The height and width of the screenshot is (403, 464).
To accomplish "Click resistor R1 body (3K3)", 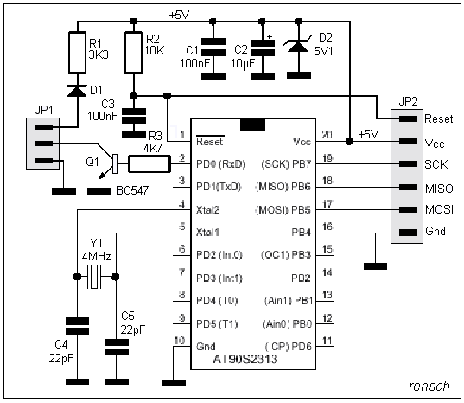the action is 77,53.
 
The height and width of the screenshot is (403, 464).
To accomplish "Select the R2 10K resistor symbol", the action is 133,53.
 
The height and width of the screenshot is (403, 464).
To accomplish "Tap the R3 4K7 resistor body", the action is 149,163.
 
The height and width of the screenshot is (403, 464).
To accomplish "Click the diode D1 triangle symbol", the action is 77,91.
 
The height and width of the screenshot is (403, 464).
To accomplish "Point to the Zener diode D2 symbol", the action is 298,45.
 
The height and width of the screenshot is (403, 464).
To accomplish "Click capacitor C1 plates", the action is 213,47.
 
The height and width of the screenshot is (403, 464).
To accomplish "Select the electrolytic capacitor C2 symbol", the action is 263,48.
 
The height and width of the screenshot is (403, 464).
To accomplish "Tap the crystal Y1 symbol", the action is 94,277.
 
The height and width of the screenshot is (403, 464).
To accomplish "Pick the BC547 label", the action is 132,190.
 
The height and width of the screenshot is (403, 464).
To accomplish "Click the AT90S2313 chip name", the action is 245,359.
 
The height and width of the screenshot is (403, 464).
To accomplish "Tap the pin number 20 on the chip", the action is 327,135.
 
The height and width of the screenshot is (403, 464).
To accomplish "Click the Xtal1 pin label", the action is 207,233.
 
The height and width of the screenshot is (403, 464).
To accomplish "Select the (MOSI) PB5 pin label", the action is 283,210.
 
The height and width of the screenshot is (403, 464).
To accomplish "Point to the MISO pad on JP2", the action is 409,187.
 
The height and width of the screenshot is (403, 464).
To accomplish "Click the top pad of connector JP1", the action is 44,127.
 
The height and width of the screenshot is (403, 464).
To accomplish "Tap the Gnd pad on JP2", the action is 409,233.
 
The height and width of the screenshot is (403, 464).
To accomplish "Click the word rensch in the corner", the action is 429,386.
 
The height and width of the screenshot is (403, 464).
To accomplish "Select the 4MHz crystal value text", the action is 97,257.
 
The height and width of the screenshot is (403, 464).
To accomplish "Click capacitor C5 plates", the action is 117,347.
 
